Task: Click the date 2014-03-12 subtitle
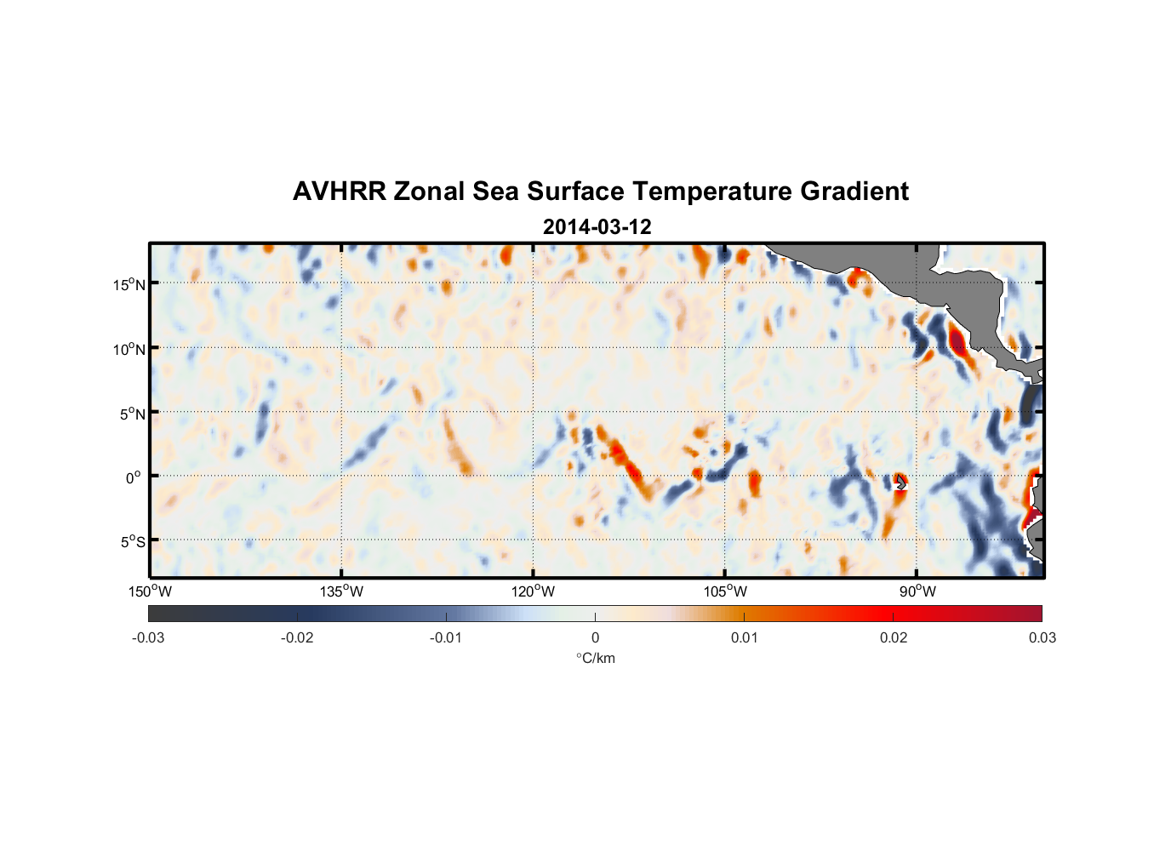point(597,227)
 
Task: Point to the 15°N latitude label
point(129,284)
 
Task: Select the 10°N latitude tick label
point(129,349)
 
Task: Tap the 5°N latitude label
point(132,414)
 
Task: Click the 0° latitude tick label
point(134,477)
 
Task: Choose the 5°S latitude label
point(132,542)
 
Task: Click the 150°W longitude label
point(150,591)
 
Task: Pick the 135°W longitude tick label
point(341,591)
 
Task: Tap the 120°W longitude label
point(533,591)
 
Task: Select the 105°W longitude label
point(725,591)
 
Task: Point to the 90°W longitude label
point(917,591)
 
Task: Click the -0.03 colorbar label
point(148,637)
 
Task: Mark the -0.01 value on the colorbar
point(445,637)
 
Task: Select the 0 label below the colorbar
point(595,637)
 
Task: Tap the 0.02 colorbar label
point(894,637)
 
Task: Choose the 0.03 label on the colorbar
point(1042,637)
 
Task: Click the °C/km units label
point(596,658)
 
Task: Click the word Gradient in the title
point(854,191)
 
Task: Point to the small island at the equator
point(900,483)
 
